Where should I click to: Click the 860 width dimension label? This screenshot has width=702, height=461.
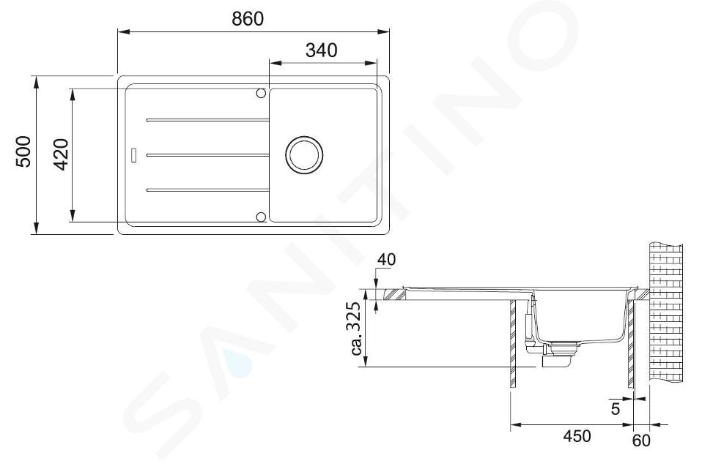coord(248,19)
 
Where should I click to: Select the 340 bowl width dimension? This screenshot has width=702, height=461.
coord(322,50)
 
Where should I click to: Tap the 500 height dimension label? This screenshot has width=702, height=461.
coord(23,152)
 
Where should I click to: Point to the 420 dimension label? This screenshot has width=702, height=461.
coord(61,154)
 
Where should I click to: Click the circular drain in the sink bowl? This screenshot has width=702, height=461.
coord(304,154)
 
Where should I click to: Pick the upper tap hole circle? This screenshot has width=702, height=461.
coord(261,93)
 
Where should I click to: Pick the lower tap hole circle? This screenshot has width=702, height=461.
coord(261,217)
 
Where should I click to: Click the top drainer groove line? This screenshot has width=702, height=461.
coord(207,120)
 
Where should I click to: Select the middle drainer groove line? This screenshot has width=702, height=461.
coord(207,155)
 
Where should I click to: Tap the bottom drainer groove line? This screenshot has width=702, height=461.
coord(207,190)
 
